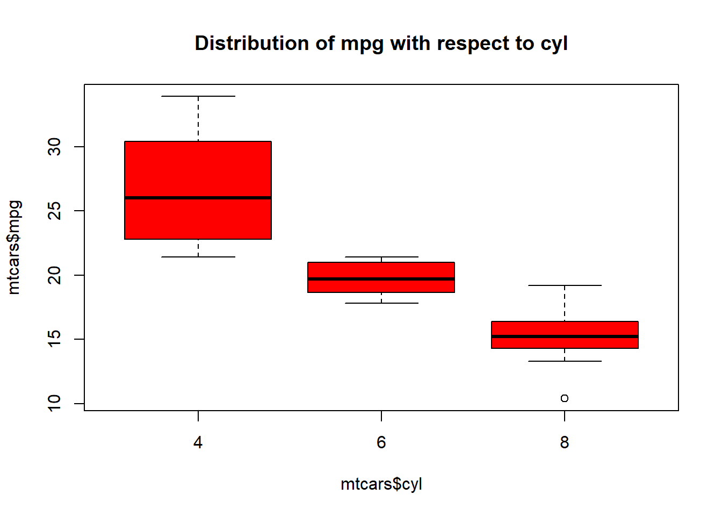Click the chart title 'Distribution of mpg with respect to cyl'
tap(381, 44)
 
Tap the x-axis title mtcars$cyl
tap(381, 484)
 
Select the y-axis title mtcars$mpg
tap(15, 247)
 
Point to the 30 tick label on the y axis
tap(54, 147)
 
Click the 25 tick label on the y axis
tap(54, 211)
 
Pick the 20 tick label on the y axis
tap(54, 275)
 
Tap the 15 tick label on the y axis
tap(54, 339)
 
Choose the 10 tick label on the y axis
tap(54, 403)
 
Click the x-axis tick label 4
tap(198, 442)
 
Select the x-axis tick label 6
tap(381, 442)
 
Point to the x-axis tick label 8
tap(564, 442)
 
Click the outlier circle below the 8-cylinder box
tap(564, 398)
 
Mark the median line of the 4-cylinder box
tap(198, 198)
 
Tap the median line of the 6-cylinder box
tap(381, 279)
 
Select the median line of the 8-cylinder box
tap(564, 336)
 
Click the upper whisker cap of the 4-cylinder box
tap(198, 96)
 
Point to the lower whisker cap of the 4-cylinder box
tap(198, 257)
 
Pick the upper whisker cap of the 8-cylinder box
tap(564, 285)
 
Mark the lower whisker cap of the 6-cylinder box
tap(381, 303)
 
